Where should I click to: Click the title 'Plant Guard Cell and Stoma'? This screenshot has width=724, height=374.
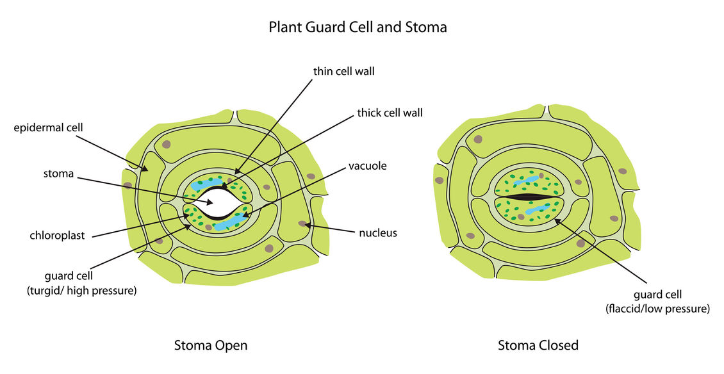click(x=358, y=27)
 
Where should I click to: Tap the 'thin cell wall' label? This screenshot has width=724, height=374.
click(x=343, y=71)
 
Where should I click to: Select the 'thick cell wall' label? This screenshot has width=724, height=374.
click(x=390, y=113)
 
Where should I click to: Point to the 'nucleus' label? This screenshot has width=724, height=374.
click(x=378, y=232)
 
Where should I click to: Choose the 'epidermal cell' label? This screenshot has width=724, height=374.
click(x=49, y=127)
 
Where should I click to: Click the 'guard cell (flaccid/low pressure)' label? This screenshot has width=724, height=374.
click(x=657, y=301)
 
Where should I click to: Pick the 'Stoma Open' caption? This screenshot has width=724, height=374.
click(x=211, y=345)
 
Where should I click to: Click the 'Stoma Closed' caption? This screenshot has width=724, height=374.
click(x=538, y=345)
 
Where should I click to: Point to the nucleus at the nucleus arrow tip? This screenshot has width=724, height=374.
click(x=302, y=224)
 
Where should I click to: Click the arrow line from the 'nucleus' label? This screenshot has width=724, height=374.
click(x=333, y=229)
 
